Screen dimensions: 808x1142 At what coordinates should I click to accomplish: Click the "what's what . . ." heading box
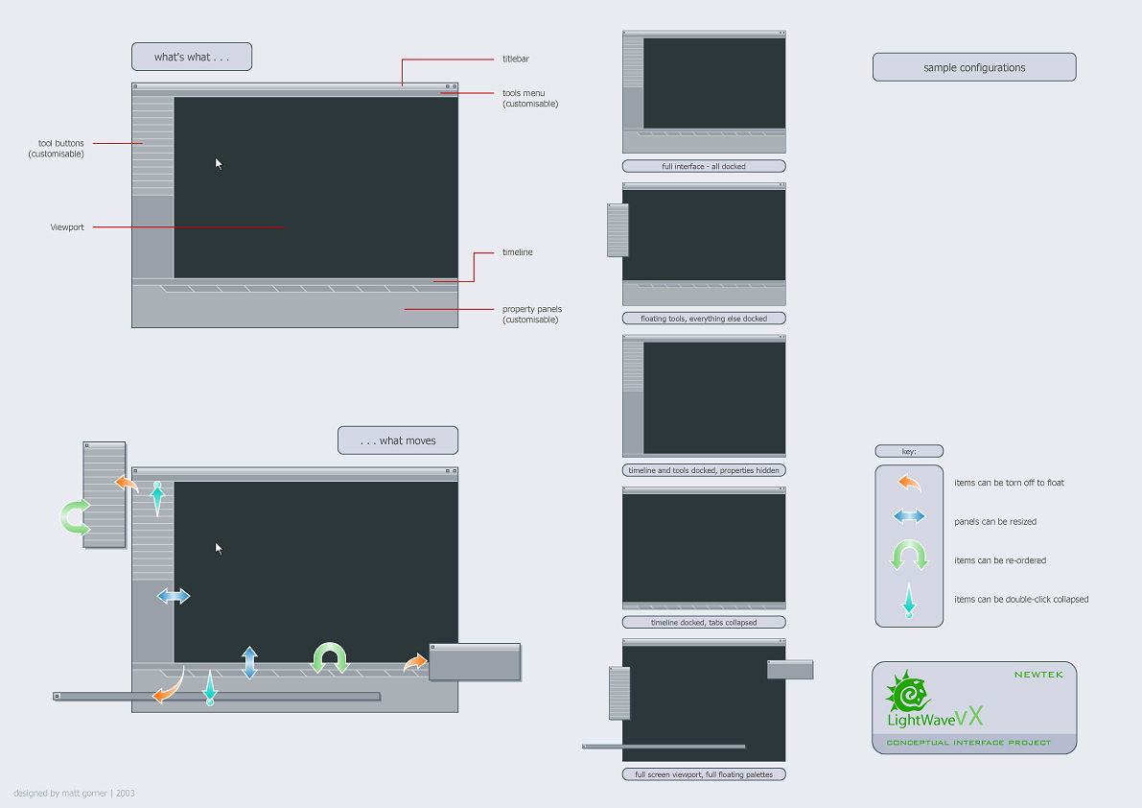(x=192, y=57)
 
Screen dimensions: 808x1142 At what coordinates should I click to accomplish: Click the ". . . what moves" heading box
(x=398, y=440)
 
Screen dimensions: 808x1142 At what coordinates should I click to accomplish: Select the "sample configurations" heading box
(x=974, y=67)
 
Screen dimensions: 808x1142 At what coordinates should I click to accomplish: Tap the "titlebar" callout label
(x=516, y=59)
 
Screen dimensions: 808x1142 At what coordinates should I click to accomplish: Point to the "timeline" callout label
(x=518, y=252)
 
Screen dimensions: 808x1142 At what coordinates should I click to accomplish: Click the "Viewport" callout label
(x=67, y=227)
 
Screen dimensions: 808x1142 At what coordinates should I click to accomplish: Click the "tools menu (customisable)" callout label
(x=530, y=98)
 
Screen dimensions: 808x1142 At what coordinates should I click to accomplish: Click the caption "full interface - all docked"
(x=704, y=166)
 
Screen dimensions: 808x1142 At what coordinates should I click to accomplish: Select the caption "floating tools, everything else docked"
(x=704, y=318)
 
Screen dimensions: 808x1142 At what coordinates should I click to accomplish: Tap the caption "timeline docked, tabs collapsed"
(x=704, y=622)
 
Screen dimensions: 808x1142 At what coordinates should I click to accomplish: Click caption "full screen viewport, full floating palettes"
(x=704, y=774)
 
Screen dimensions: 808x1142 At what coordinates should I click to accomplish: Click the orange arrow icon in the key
(x=909, y=483)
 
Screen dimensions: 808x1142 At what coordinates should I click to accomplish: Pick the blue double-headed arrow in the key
(x=909, y=517)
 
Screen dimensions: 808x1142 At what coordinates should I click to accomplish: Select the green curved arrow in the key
(x=909, y=556)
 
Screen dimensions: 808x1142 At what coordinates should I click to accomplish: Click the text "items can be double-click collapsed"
(x=1021, y=600)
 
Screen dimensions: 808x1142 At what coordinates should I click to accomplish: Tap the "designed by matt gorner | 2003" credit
(x=74, y=794)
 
